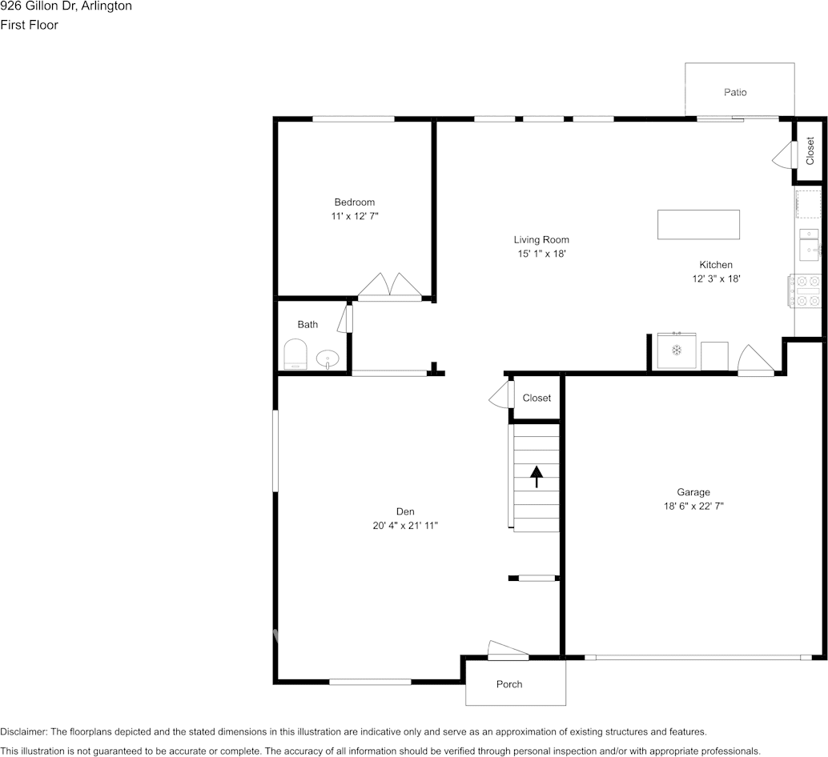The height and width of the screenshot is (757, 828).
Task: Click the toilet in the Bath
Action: pyautogui.click(x=295, y=354)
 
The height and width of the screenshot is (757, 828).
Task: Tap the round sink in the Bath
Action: pyautogui.click(x=328, y=359)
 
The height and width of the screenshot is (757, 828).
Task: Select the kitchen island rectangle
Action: pyautogui.click(x=698, y=224)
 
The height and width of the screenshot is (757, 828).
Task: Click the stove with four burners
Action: pyautogui.click(x=806, y=290)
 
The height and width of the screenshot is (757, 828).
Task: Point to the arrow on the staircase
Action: pyautogui.click(x=537, y=476)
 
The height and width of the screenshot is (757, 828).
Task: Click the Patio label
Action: pyautogui.click(x=735, y=92)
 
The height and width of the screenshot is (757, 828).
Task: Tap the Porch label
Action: pyautogui.click(x=509, y=684)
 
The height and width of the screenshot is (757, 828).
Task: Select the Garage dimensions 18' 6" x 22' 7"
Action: pyautogui.click(x=693, y=506)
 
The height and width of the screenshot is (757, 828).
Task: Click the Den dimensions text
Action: pyautogui.click(x=405, y=526)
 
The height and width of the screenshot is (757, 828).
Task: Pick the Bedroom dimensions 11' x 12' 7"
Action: pyautogui.click(x=355, y=216)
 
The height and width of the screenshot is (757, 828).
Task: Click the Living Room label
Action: pyautogui.click(x=541, y=240)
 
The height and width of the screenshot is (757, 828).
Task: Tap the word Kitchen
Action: pyautogui.click(x=716, y=265)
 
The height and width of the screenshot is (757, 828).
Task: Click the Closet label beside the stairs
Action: pyautogui.click(x=537, y=399)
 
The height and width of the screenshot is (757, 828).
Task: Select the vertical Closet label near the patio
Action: pyautogui.click(x=810, y=151)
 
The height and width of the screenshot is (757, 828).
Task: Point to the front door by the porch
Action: pyautogui.click(x=508, y=651)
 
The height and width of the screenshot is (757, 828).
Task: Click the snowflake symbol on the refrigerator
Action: pyautogui.click(x=676, y=350)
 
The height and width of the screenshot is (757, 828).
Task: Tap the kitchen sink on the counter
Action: pyautogui.click(x=809, y=244)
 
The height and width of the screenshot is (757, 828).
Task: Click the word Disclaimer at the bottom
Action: pyautogui.click(x=23, y=731)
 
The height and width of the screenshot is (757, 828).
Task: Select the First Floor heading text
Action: pyautogui.click(x=29, y=25)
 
